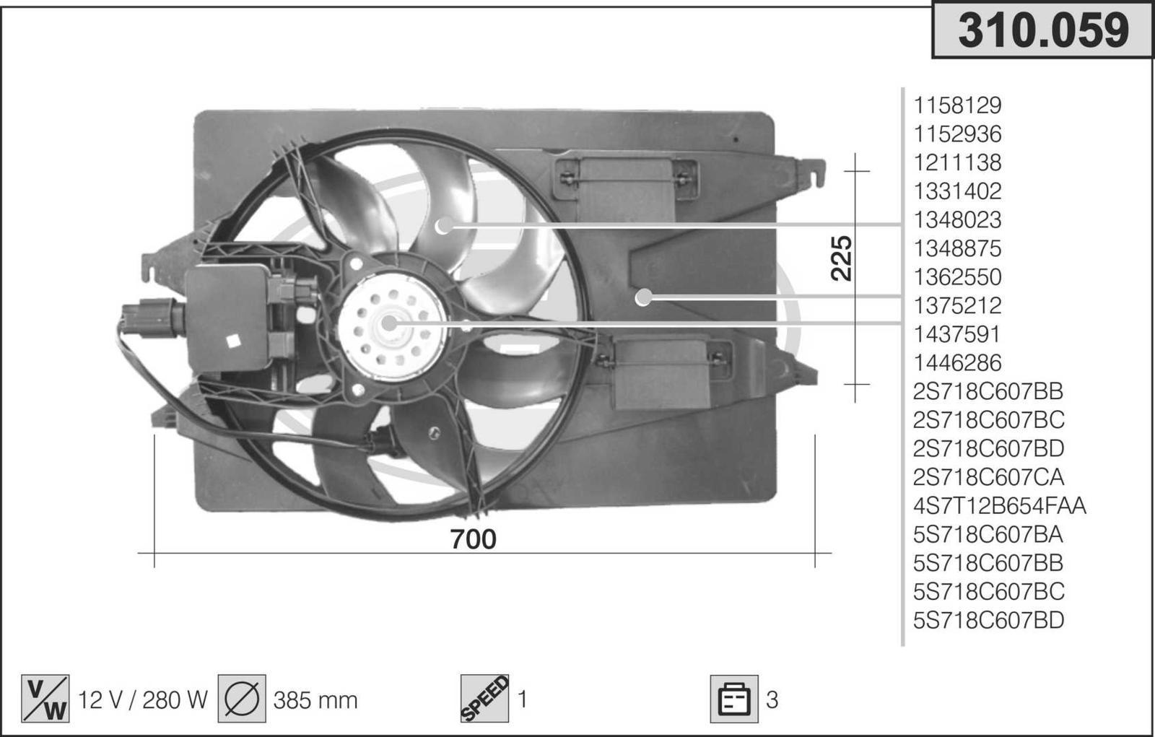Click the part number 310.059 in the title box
click(1043, 31)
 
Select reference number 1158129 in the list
click(957, 105)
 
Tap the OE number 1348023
click(957, 219)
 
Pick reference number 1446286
click(957, 363)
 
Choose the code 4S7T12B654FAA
click(1000, 506)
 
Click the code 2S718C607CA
click(988, 477)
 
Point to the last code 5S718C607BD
click(988, 620)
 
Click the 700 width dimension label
click(473, 539)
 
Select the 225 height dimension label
click(842, 258)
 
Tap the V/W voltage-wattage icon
click(45, 699)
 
